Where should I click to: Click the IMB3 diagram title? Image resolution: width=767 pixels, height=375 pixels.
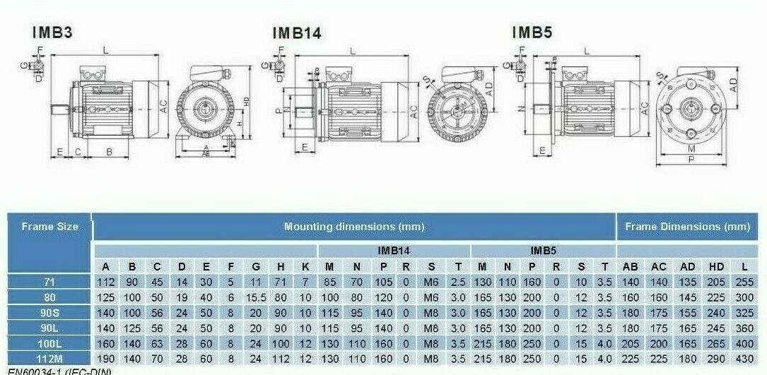[53, 32]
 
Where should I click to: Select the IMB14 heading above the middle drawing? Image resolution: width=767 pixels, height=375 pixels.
[297, 32]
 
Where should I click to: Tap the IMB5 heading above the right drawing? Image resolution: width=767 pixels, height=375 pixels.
[532, 32]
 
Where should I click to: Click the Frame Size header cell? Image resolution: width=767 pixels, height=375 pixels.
[49, 227]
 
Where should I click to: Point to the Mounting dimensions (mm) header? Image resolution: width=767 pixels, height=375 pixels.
[353, 227]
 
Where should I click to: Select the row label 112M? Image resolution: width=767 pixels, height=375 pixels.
[49, 359]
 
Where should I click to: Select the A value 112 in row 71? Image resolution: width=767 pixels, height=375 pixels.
[105, 282]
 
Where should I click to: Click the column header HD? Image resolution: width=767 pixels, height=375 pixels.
[717, 266]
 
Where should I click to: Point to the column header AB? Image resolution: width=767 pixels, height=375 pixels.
[630, 266]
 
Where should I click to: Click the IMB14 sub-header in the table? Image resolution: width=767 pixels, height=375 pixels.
[394, 251]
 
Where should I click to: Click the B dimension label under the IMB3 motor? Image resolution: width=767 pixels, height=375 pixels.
[109, 152]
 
